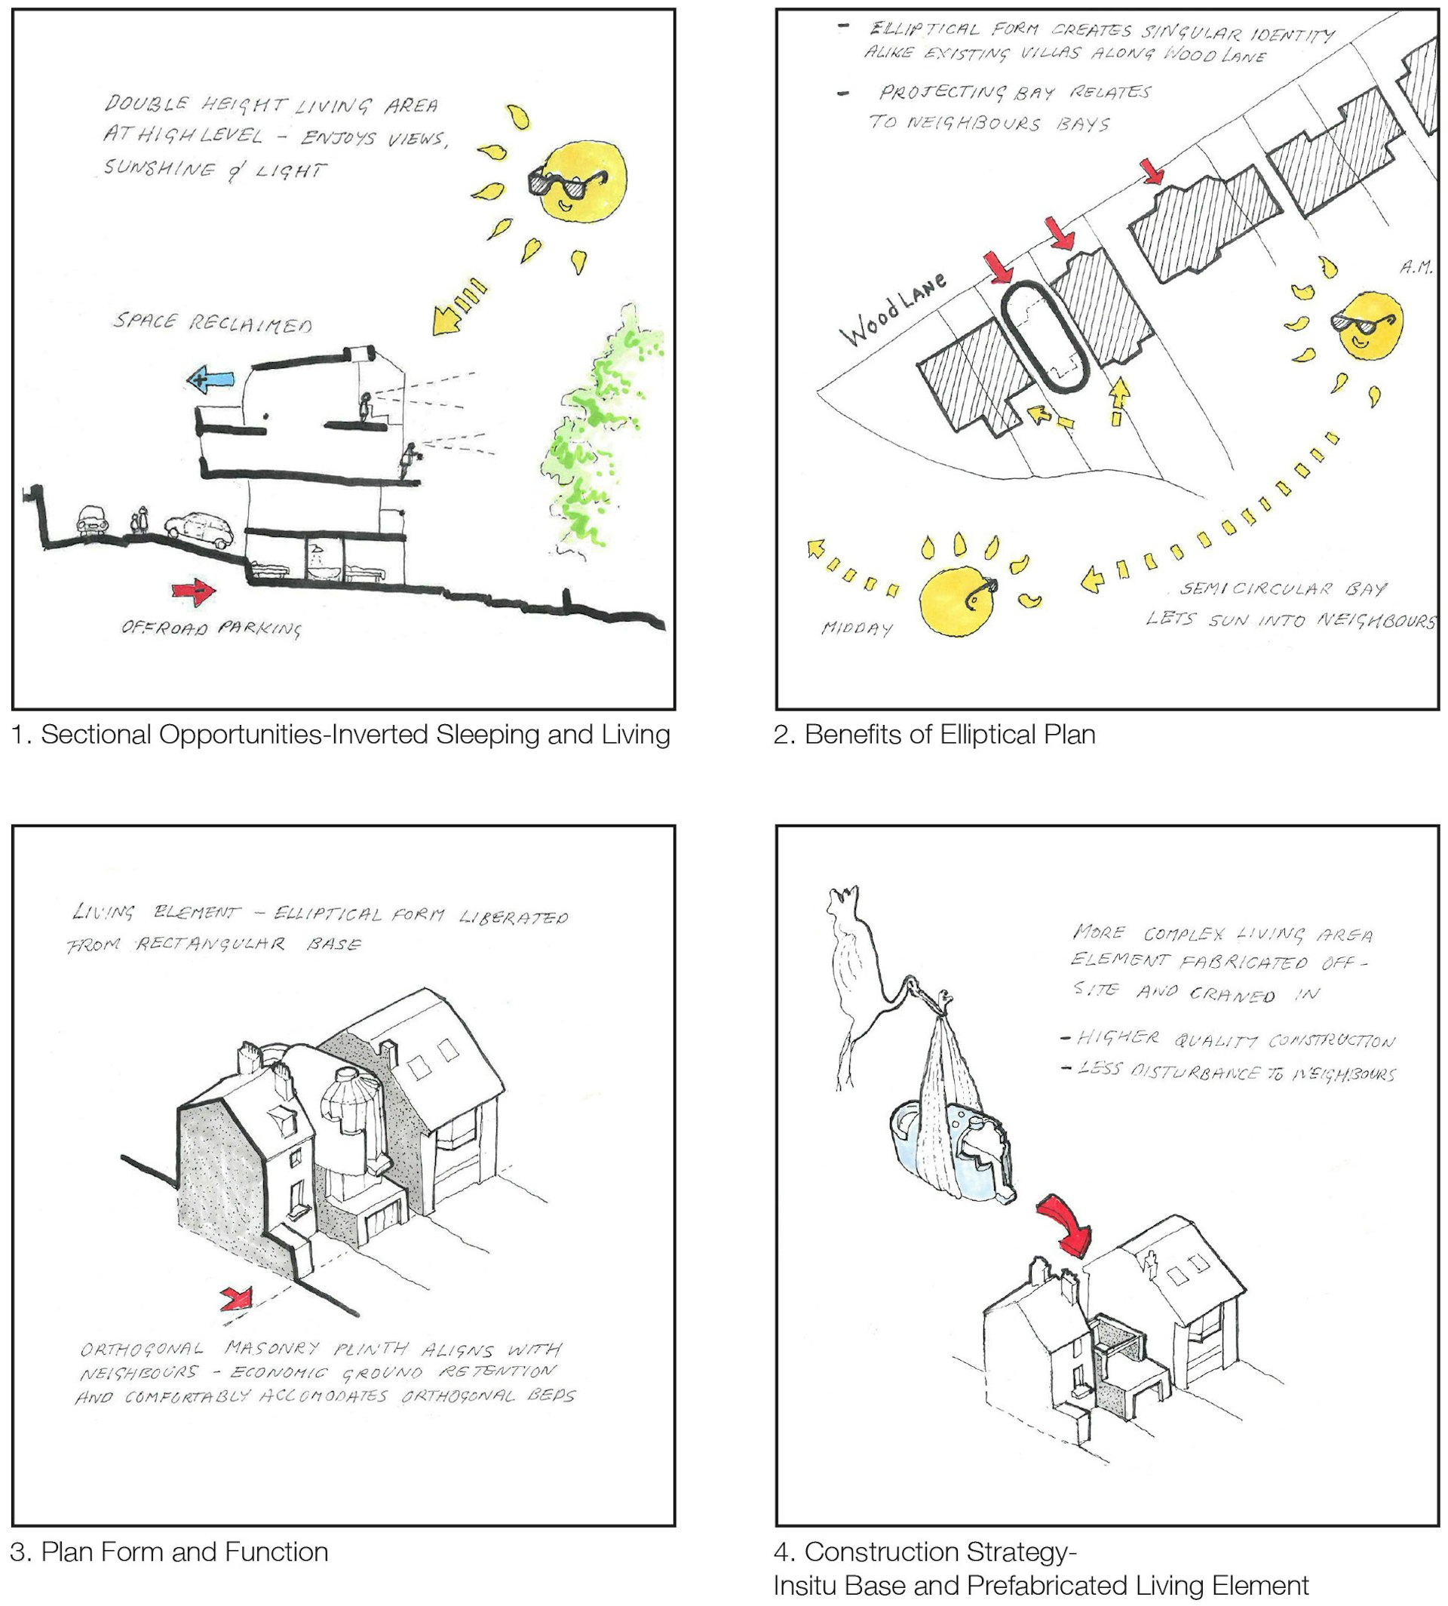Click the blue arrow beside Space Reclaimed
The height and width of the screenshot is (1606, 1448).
[212, 380]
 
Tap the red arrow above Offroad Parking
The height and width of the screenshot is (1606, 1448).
[194, 591]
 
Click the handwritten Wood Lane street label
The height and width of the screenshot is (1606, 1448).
[893, 309]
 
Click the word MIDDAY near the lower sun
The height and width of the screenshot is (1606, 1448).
[857, 628]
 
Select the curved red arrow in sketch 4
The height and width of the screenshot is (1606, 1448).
[1066, 1226]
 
